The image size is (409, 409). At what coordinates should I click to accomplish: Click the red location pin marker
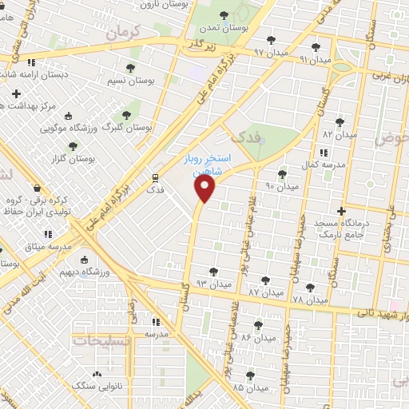205,189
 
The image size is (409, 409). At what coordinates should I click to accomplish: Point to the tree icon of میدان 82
340,122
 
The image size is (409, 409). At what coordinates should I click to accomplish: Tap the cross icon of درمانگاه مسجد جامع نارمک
342,212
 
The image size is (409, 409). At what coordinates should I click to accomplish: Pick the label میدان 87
265,293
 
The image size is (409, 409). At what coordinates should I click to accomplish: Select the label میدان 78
310,300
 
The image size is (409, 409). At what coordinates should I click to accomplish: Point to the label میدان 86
257,338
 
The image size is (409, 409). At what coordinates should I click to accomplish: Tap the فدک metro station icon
155,178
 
